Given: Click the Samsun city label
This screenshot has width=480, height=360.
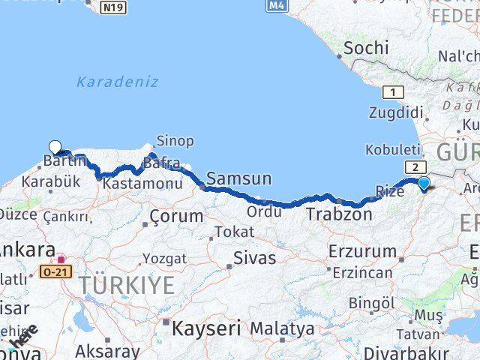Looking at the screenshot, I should tap(238, 178).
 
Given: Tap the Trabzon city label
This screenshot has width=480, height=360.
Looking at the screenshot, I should tap(338, 214).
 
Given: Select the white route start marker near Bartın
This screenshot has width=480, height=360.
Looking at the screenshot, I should tap(55, 147).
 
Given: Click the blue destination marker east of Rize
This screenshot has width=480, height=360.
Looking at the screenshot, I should tap(424, 183).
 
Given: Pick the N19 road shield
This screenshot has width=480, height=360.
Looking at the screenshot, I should tap(114, 7).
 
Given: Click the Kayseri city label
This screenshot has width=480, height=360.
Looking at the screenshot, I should tap(206, 328).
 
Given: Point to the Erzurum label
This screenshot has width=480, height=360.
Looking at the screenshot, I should tap(361, 251).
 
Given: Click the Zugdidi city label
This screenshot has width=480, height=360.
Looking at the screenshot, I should tap(395, 112).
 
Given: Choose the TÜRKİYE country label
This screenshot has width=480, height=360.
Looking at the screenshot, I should tap(127, 285).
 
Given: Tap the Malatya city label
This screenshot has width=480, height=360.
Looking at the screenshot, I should tap(282, 328).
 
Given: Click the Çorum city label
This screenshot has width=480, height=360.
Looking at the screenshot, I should tap(176, 217).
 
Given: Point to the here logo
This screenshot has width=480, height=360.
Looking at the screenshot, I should tap(22, 335).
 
